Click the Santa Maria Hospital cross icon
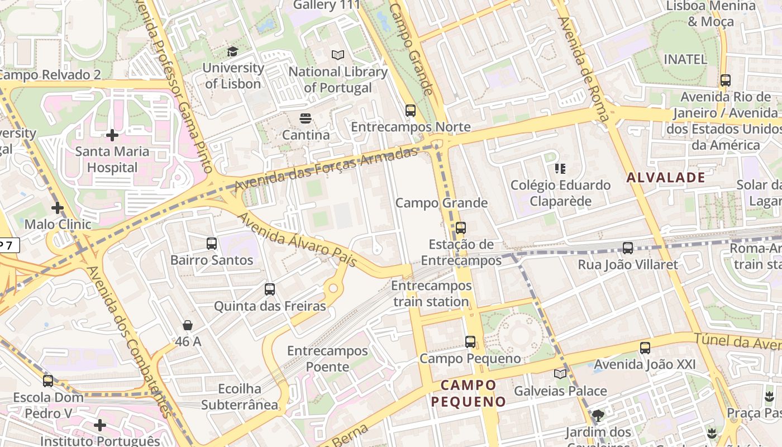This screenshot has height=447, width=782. point(112,135)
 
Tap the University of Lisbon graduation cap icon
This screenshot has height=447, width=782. point(232,52)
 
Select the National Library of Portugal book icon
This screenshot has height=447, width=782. point(338,55)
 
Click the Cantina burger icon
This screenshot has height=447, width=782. point(305,118)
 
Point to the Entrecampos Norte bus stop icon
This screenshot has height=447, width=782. point(411,111)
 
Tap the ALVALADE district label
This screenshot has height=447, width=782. point(666,178)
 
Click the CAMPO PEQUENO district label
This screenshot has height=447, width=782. point(468,393)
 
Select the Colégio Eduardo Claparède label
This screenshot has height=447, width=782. point(560,193)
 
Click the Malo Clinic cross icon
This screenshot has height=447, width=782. point(57,208)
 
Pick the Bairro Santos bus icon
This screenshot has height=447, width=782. point(212,244)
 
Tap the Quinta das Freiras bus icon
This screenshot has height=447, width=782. point(270,289)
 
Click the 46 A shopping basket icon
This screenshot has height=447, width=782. point(188,325)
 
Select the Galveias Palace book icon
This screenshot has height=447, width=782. point(560,374)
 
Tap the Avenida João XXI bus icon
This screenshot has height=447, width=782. point(645,348)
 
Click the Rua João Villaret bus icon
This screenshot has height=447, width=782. point(628,248)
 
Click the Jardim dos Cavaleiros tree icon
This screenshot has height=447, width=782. point(598,416)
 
